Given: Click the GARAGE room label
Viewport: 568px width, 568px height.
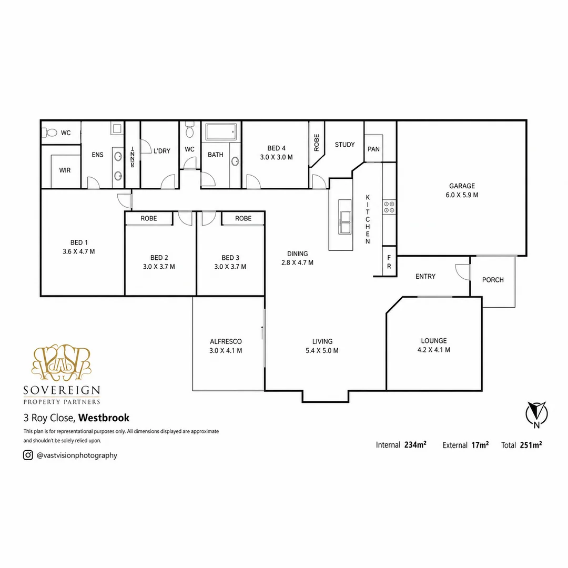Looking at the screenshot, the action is [x=462, y=186].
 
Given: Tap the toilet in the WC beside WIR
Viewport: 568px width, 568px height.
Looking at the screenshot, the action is [x=50, y=133].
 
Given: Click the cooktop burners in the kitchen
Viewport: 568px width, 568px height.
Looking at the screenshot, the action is [x=389, y=207].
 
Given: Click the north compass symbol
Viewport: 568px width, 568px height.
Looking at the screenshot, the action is [x=536, y=414].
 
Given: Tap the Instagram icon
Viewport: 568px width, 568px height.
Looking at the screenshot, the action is [x=28, y=455].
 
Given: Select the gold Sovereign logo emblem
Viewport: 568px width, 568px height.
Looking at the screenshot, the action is [x=61, y=362].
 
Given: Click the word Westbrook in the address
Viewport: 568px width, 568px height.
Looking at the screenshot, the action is [x=104, y=418].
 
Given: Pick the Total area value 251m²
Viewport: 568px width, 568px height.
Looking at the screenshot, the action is [x=531, y=445].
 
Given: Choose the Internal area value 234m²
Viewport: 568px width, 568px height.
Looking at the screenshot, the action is [x=415, y=445].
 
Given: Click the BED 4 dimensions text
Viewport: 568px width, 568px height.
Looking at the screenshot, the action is [x=277, y=157].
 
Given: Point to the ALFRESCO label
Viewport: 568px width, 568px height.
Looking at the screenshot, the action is [x=226, y=342].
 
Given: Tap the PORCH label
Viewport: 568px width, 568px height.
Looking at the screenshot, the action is [x=493, y=280].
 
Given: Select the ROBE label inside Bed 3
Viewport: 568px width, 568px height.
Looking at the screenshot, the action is [x=243, y=218].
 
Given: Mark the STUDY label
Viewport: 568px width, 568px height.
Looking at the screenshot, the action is [x=344, y=145].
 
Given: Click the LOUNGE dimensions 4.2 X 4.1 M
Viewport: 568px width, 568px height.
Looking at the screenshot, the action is [x=433, y=350].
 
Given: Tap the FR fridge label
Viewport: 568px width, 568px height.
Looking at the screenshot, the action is [x=389, y=262].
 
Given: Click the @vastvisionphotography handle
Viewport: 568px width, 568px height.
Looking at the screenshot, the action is [x=77, y=455].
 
